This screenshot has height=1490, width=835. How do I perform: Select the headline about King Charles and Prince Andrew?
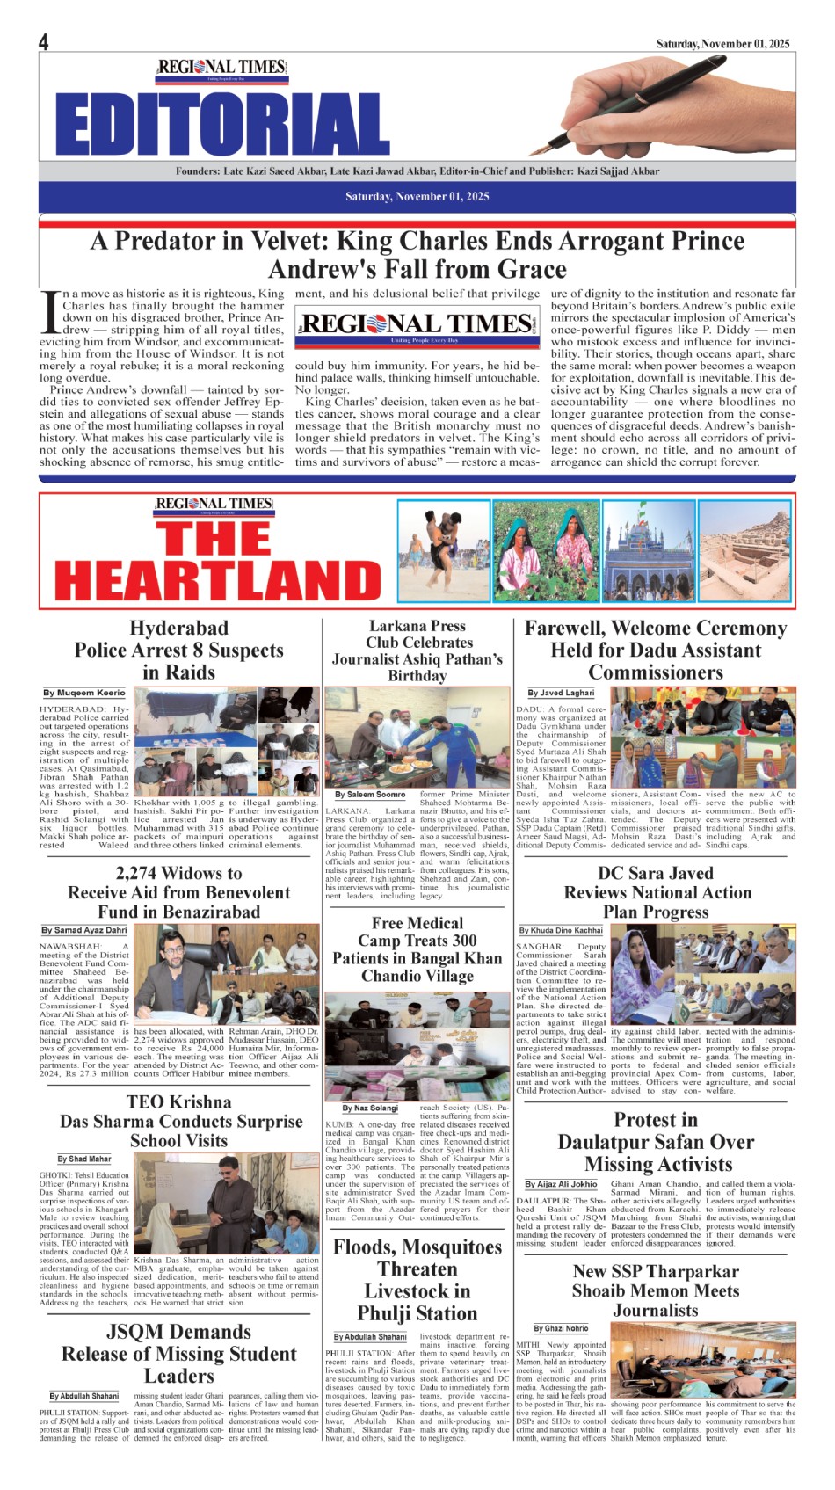point(417,254)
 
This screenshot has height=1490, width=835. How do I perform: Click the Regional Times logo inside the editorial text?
point(417,324)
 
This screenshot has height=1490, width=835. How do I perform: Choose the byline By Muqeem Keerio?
point(84,693)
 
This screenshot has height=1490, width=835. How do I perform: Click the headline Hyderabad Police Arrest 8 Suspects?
point(179,651)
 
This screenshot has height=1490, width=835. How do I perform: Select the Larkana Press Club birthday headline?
point(417,651)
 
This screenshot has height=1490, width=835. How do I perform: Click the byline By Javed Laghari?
point(561,693)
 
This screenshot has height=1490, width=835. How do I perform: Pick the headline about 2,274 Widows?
point(179,892)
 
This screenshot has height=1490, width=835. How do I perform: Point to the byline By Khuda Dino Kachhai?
point(561,930)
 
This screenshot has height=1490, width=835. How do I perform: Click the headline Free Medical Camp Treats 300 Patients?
point(417,949)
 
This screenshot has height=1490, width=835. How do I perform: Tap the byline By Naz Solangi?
point(370,1108)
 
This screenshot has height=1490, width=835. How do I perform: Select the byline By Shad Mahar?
point(84,1159)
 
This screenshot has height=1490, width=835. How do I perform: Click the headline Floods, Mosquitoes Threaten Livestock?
point(417,1280)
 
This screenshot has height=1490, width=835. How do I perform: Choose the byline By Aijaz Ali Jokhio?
point(561,1184)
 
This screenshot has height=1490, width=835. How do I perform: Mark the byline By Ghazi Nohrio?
point(561,1328)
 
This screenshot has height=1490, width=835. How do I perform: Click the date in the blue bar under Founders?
point(417,196)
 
